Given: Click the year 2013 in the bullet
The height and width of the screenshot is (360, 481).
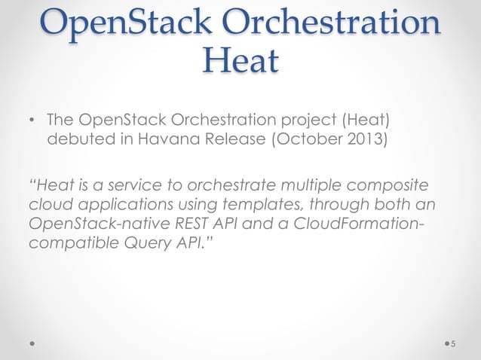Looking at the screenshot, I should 363,139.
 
